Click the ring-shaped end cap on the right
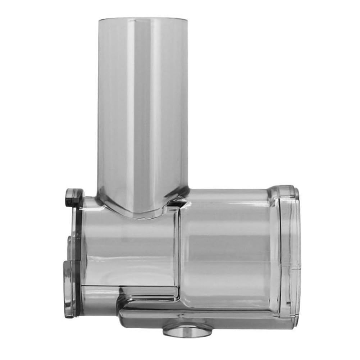pyautogui.click(x=288, y=252)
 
